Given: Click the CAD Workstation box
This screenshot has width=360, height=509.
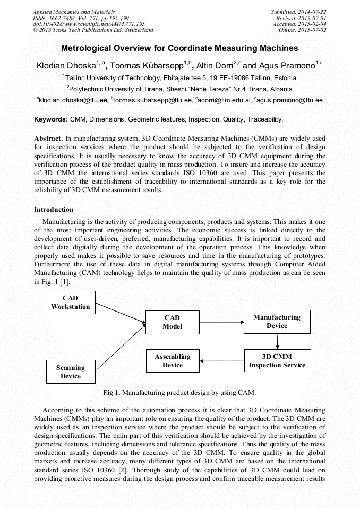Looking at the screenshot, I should pyautogui.click(x=71, y=303).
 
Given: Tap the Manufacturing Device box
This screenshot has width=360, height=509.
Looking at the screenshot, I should pyautogui.click(x=277, y=322).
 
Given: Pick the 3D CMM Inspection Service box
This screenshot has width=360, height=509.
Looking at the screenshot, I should pyautogui.click(x=277, y=360).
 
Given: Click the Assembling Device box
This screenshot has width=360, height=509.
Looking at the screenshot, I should pyautogui.click(x=172, y=361).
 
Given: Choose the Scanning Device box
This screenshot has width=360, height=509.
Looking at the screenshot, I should pyautogui.click(x=71, y=372).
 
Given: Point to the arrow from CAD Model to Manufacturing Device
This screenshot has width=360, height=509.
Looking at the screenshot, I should pyautogui.click(x=220, y=322).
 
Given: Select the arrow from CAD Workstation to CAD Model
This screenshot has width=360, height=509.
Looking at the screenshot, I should pyautogui.click(x=120, y=312).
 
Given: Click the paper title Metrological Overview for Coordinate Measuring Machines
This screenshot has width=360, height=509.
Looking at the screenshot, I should pyautogui.click(x=179, y=48).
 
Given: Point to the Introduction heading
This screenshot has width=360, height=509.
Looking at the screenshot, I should pyautogui.click(x=54, y=210).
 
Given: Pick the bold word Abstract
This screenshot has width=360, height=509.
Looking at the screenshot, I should pyautogui.click(x=49, y=138).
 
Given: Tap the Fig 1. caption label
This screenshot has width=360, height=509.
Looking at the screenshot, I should pyautogui.click(x=113, y=393).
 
